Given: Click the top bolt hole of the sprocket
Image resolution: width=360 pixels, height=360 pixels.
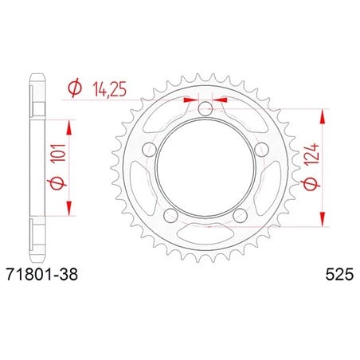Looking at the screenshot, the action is (205, 108).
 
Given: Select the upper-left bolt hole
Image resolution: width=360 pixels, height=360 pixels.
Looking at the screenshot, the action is (149, 150).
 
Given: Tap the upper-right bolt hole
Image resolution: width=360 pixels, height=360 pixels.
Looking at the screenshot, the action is (262, 150).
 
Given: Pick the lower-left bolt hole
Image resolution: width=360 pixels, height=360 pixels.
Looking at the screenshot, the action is (170, 216).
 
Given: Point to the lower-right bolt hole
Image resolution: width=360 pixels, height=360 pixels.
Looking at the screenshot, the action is (240, 216).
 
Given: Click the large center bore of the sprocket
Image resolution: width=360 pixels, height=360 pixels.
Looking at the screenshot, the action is (205, 168).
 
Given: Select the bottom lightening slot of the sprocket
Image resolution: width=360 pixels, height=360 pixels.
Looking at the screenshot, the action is (205, 234).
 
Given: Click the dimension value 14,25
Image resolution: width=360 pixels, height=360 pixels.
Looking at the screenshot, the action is (109, 89).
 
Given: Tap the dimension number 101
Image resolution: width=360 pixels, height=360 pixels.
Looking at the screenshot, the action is (59, 153).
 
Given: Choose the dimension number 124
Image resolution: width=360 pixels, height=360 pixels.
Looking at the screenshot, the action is (311, 155).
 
